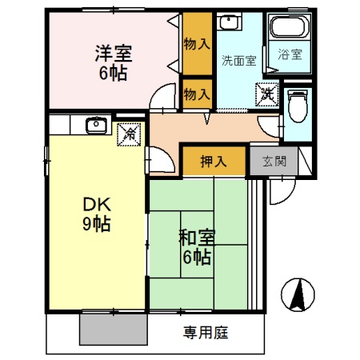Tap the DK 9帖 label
click(94, 213)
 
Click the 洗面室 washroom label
click(238, 60)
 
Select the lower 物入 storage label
click(196, 94)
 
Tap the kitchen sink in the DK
click(97, 125)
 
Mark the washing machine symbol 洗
click(266, 94)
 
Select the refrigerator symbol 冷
click(128, 133)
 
